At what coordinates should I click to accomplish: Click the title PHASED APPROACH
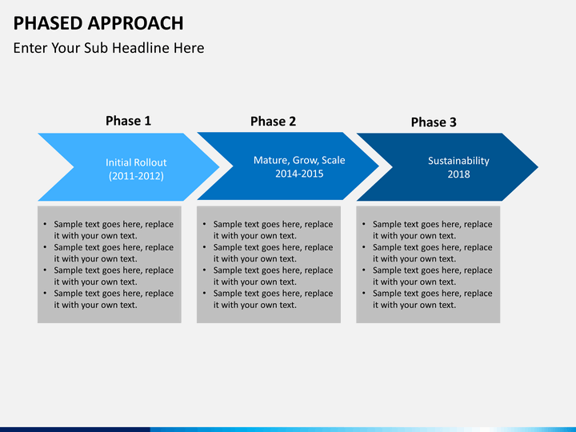click(x=98, y=23)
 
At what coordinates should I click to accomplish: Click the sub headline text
click(x=109, y=48)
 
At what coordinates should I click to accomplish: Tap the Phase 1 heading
click(x=128, y=121)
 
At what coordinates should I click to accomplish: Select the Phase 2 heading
click(x=273, y=122)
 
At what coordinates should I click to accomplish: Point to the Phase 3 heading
click(x=434, y=122)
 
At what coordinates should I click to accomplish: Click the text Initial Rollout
click(x=136, y=162)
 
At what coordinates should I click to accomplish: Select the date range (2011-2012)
click(x=136, y=176)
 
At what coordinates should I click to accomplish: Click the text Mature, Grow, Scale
click(x=299, y=160)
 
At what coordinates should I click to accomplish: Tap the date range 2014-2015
click(x=299, y=174)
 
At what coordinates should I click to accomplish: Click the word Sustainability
click(x=458, y=161)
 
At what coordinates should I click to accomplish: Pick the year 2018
click(x=458, y=174)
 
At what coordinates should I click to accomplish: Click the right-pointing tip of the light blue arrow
click(x=219, y=167)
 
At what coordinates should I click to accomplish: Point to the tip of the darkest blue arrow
click(x=538, y=167)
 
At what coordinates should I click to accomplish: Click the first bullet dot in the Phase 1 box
click(x=45, y=224)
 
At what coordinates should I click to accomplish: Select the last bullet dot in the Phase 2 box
click(x=205, y=293)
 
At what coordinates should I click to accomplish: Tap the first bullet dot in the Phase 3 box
click(x=364, y=224)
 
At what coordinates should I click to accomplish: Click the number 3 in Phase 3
click(x=453, y=122)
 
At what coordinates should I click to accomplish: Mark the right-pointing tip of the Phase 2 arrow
click(x=378, y=166)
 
